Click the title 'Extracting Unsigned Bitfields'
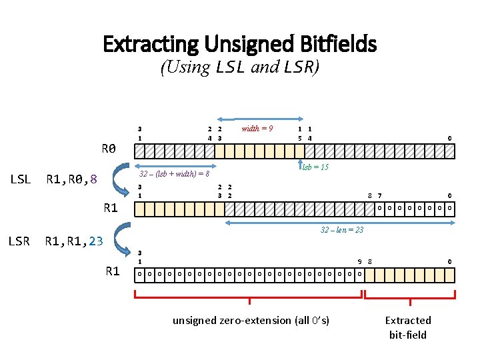240,45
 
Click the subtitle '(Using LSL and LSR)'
240,67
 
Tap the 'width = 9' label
257,129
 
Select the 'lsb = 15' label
315,167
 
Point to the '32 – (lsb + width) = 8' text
175,174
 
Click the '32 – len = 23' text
342,230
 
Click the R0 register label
109,148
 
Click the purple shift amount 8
94,179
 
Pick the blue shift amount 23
95,241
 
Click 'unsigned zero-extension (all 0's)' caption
251,321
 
